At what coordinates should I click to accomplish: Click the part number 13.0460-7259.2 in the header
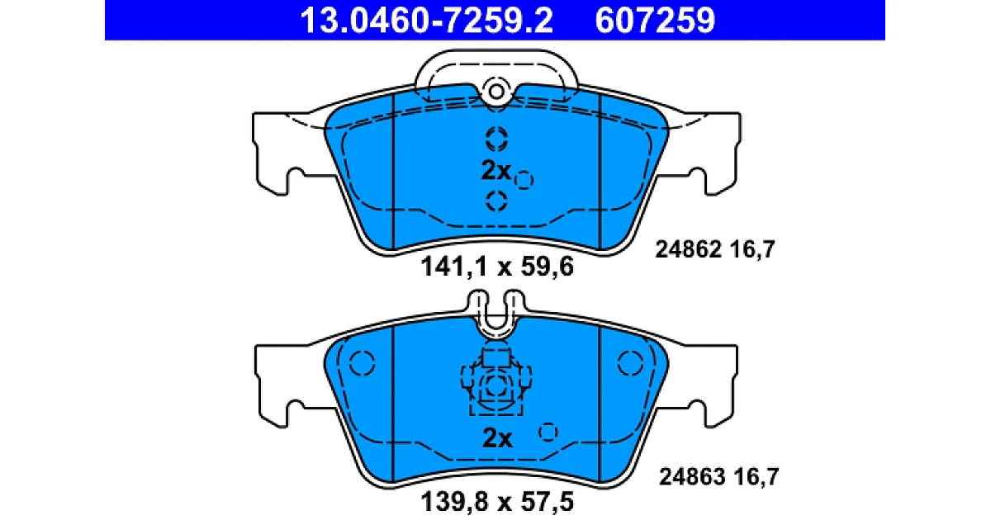pyautogui.click(x=426, y=21)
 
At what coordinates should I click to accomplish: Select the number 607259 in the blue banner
pyautogui.click(x=655, y=21)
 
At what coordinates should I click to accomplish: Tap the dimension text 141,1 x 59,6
pyautogui.click(x=497, y=267)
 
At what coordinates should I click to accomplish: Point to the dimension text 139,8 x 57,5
pyautogui.click(x=497, y=502)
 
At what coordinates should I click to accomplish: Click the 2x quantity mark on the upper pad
pyautogui.click(x=495, y=170)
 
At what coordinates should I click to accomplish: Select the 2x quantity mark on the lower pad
pyautogui.click(x=497, y=438)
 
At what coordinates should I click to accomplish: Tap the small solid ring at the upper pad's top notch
pyautogui.click(x=496, y=92)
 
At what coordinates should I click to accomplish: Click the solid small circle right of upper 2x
pyautogui.click(x=524, y=181)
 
